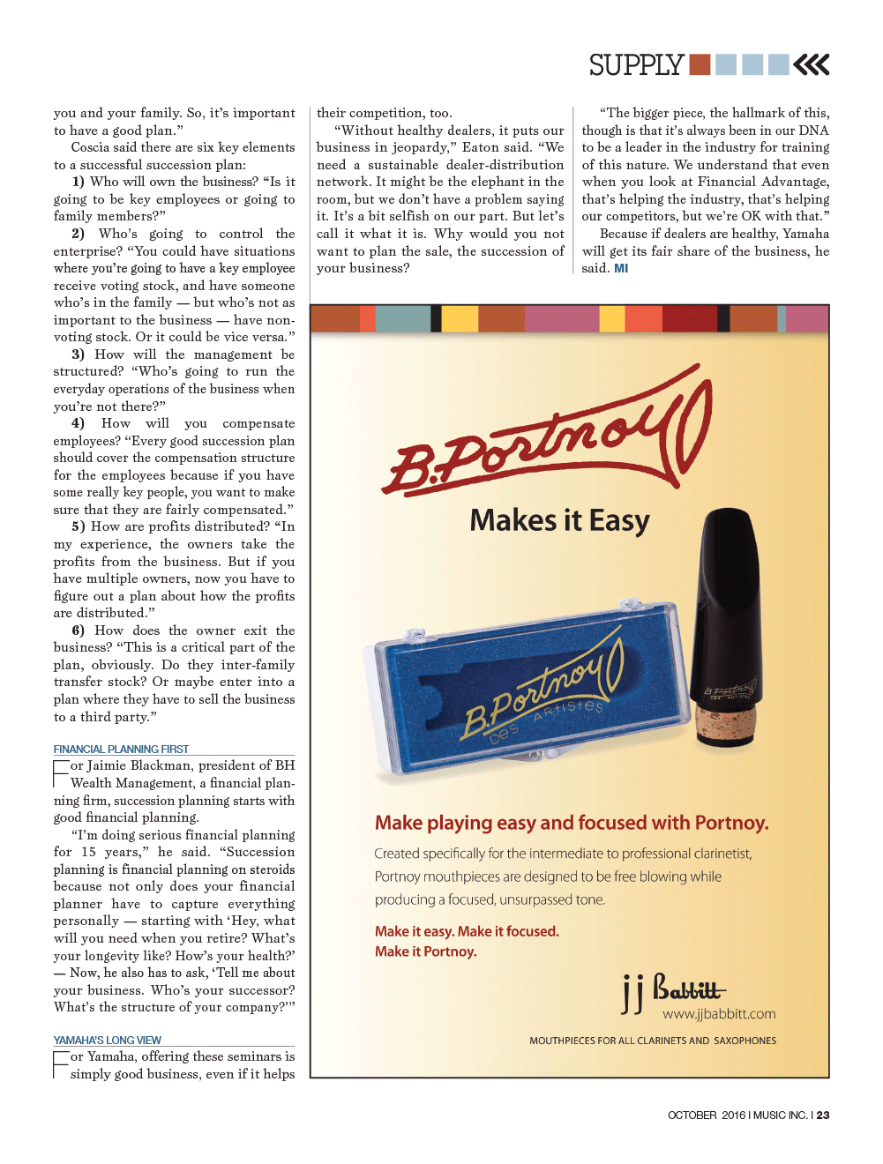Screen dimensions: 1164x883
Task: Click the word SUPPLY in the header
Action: [636, 65]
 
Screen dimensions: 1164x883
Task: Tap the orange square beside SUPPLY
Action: [700, 64]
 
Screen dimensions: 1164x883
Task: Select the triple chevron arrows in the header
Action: [812, 64]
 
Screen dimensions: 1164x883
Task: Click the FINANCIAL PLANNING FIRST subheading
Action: [121, 749]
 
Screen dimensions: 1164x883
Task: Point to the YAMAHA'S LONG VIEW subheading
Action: [107, 1040]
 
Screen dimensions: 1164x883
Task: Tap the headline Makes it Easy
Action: [559, 520]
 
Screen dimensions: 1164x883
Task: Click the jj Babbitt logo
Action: [673, 991]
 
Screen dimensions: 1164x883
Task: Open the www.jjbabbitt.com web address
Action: [719, 1014]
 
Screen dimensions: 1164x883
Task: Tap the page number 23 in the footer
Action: [823, 1115]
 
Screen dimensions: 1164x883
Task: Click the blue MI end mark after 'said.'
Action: [621, 268]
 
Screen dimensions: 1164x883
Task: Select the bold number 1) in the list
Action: [79, 182]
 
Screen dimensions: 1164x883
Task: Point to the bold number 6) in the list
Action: [79, 630]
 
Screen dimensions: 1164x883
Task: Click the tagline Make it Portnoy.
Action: [425, 951]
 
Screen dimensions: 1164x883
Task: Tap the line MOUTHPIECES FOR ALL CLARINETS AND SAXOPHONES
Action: [653, 1041]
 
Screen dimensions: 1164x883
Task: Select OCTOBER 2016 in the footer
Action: [706, 1115]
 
